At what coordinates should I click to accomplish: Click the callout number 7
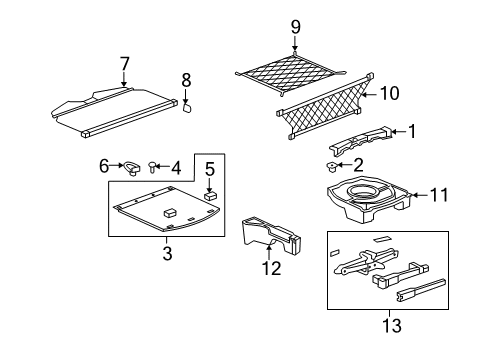[x=124, y=64]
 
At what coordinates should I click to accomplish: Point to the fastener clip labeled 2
[x=333, y=165]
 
